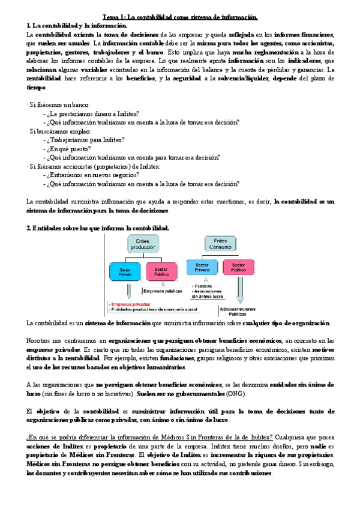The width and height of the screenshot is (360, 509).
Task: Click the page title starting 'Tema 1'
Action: [179, 17]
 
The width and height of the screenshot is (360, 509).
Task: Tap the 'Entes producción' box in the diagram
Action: [142, 244]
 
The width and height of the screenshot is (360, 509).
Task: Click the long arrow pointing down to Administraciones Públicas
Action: [238, 291]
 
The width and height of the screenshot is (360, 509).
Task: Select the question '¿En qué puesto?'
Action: [67, 148]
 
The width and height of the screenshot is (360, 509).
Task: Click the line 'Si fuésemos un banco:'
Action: [55, 104]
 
